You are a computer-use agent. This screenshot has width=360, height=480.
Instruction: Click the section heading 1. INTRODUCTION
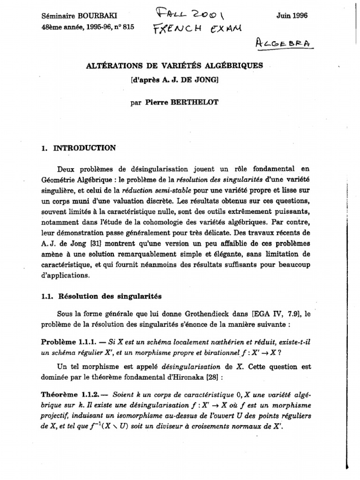pos(78,148)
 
